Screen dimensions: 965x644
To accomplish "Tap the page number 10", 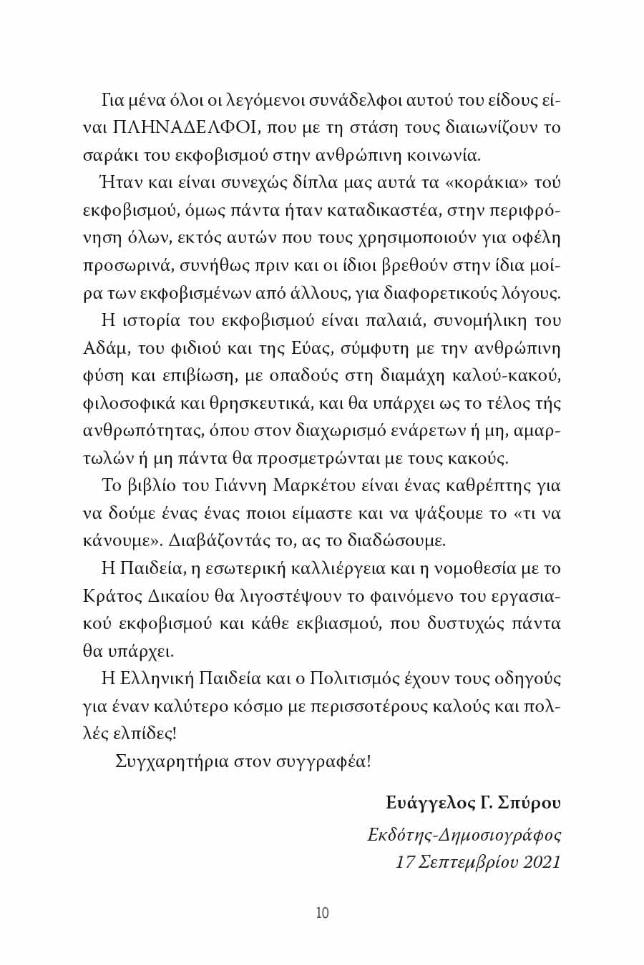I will coord(322,913).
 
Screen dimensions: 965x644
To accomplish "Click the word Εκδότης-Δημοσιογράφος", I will coord(464,834).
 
